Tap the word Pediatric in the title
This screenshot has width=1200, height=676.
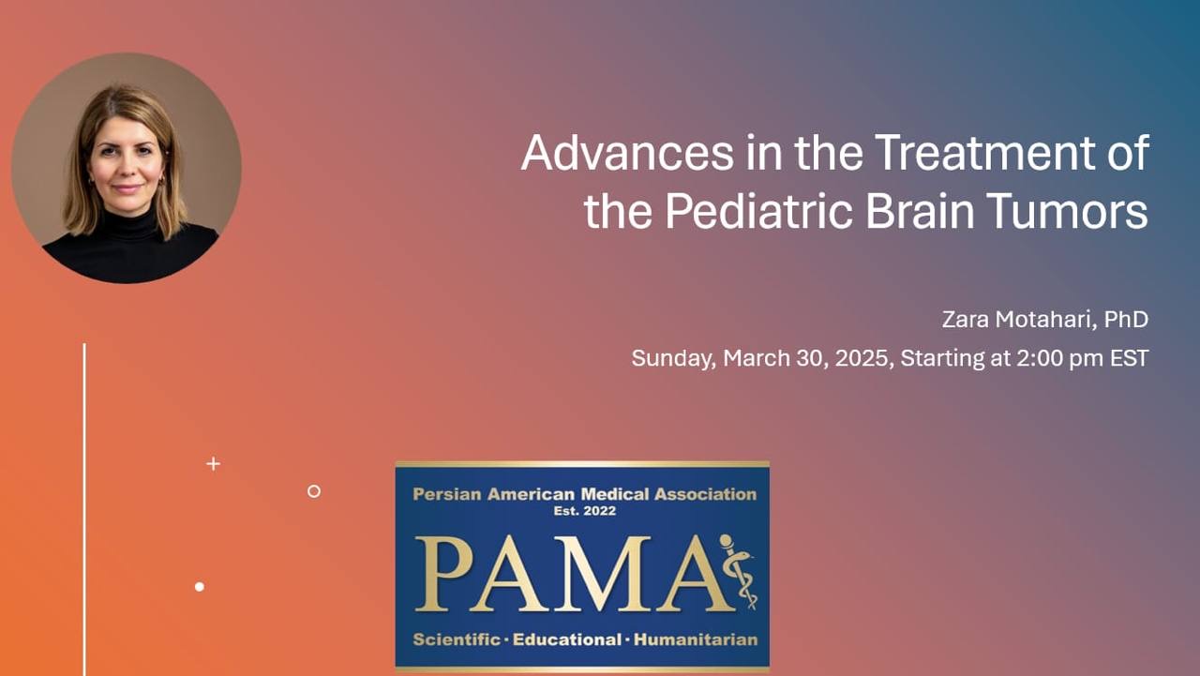click(x=758, y=212)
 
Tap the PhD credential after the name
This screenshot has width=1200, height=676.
click(x=1126, y=320)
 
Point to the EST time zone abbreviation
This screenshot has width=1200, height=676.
click(x=1130, y=358)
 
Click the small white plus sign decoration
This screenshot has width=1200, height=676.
click(x=213, y=464)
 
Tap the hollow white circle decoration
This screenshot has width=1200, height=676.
click(x=314, y=491)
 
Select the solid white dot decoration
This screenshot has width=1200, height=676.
click(x=200, y=587)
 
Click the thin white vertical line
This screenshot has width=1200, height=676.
click(x=84, y=509)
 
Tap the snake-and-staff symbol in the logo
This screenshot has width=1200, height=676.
click(x=740, y=572)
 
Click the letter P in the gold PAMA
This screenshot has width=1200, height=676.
click(x=444, y=574)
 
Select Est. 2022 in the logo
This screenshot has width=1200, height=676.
click(x=584, y=511)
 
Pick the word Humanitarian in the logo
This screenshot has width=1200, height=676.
click(x=696, y=639)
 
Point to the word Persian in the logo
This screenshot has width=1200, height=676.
click(x=447, y=494)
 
